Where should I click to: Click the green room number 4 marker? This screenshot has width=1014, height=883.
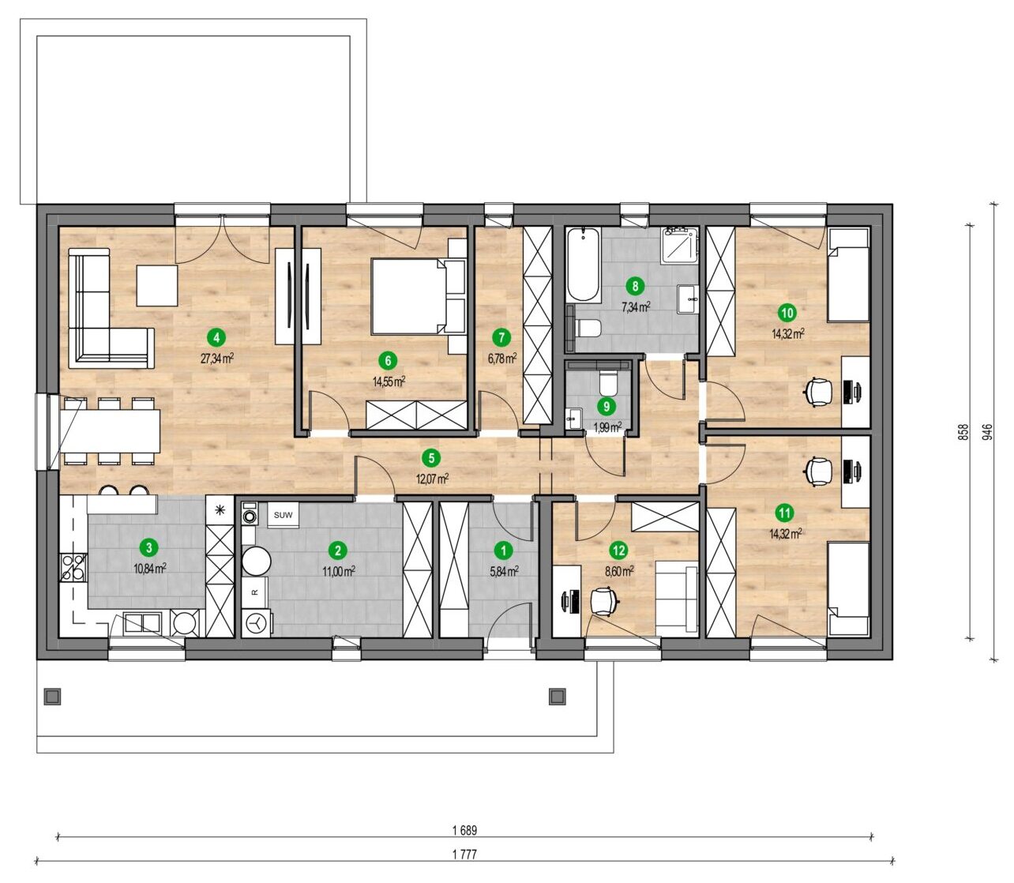pos(216,338)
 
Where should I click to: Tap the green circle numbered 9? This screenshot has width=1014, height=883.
pos(606,406)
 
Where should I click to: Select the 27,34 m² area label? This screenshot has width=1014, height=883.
pos(216,359)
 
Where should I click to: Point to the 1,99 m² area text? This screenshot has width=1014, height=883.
pos(607,427)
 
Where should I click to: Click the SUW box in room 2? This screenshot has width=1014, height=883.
pos(283,515)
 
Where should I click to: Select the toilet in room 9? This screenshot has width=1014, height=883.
pos(607,381)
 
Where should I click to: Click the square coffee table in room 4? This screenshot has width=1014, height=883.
pos(156,285)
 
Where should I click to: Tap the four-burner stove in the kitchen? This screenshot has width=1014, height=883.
pos(73,567)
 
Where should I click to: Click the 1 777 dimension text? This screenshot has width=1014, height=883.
pos(464,854)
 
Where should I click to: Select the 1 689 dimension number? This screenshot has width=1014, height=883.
pos(464,830)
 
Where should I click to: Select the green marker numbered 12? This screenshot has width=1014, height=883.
pos(619,550)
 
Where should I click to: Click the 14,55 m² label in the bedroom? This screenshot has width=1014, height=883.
pos(389,381)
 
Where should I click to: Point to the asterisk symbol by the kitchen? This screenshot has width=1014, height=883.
pos(220,509)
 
